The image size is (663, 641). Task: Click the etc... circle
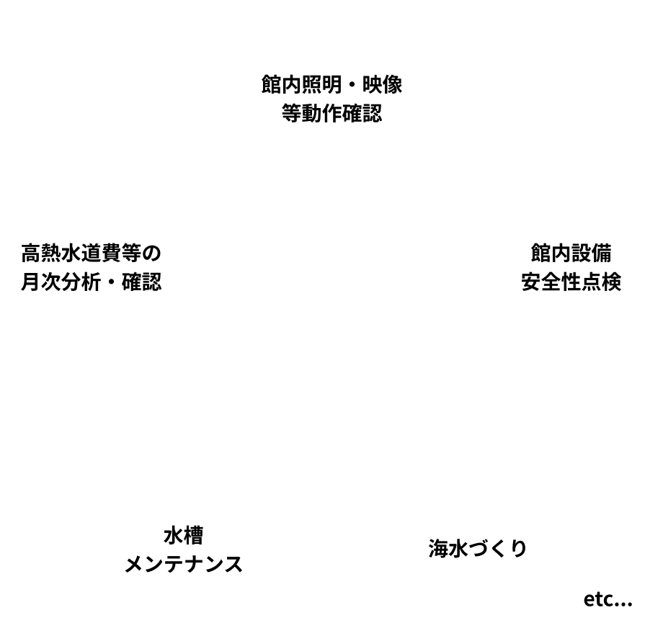tap(607, 599)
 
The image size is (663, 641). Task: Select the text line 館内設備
tap(570, 255)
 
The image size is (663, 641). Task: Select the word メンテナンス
tap(183, 564)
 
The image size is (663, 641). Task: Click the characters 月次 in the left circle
tap(37, 280)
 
